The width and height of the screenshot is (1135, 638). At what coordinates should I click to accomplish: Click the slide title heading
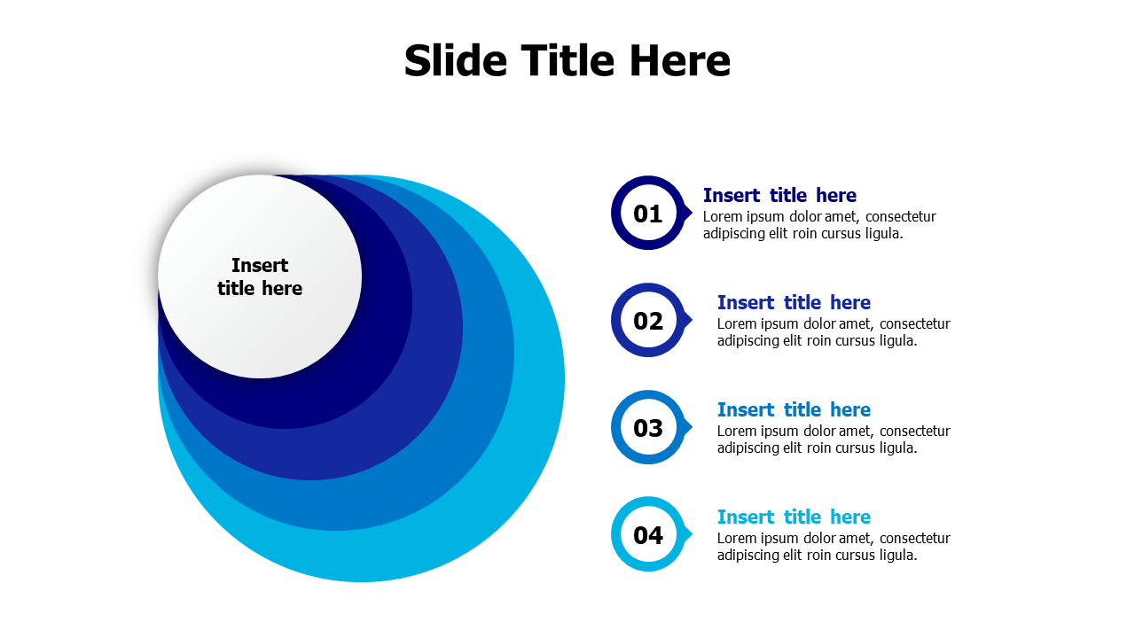coord(567,61)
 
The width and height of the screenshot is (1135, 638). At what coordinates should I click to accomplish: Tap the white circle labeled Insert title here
coord(260,276)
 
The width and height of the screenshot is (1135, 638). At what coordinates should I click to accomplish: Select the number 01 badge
coord(648,214)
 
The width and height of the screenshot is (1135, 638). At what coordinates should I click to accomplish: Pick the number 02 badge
coord(648,321)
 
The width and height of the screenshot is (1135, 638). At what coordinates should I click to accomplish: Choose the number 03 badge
coord(648,428)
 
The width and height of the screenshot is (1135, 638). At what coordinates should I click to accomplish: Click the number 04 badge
coord(648,535)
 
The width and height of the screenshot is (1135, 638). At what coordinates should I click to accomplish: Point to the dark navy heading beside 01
coord(779,195)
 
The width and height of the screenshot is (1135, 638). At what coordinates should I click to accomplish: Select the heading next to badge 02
coord(794,302)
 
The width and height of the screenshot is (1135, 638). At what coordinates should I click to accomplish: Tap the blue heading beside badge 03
coord(794,409)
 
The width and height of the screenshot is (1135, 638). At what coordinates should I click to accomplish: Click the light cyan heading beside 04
coord(794,517)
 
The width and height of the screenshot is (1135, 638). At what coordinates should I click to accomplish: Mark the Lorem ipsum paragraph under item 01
coord(818,225)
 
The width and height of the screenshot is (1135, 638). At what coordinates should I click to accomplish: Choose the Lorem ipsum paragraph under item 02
coord(833,332)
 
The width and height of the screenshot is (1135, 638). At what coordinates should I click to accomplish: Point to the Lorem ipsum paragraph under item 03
coord(833,440)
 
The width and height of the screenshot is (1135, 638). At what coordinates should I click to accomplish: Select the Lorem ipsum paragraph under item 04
coord(833,547)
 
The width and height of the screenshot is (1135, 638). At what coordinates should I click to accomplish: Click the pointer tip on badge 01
coord(689,213)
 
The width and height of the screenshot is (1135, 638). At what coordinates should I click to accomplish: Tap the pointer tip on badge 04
coord(689,534)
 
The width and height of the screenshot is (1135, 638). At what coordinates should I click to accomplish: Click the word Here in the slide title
coord(679,61)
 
